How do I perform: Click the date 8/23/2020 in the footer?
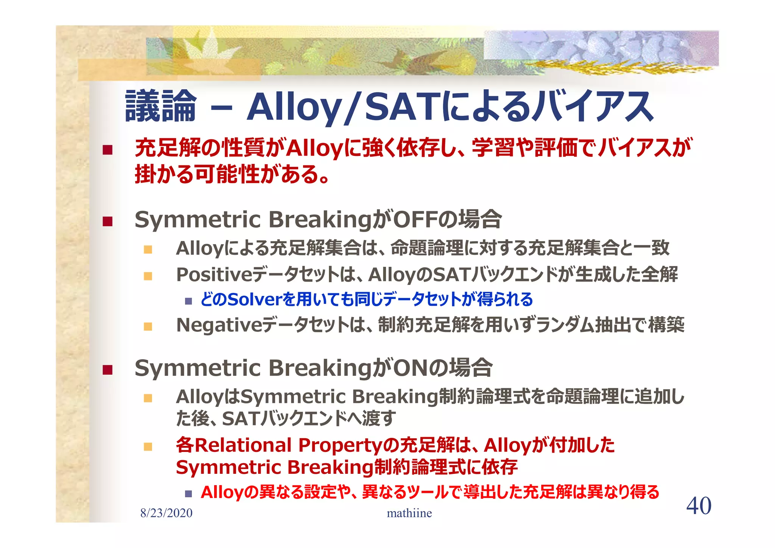click(166, 513)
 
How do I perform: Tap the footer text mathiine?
click(409, 513)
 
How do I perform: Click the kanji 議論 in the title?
click(161, 106)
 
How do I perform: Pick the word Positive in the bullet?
click(214, 274)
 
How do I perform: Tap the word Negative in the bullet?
click(219, 325)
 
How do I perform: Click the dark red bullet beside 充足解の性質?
click(107, 150)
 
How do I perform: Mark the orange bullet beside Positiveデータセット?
click(148, 276)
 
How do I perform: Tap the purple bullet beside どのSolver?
click(188, 301)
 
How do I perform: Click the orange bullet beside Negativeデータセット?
click(148, 326)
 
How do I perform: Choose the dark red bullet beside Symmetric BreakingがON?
click(107, 369)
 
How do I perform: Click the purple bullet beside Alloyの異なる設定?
click(188, 494)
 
